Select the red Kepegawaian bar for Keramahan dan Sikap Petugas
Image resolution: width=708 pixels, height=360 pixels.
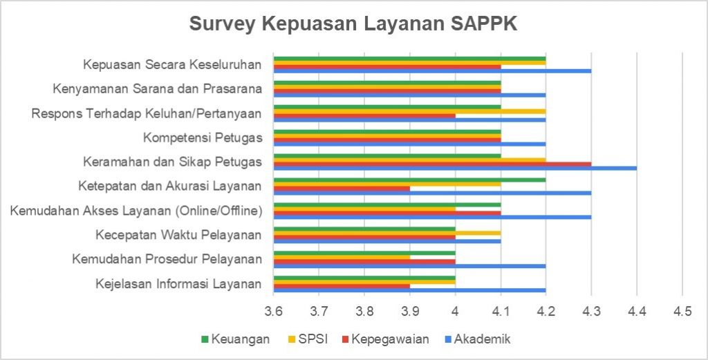(x=432, y=164)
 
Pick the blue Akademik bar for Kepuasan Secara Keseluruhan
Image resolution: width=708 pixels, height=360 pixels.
(x=432, y=70)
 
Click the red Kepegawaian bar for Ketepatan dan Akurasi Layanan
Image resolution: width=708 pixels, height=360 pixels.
(x=342, y=188)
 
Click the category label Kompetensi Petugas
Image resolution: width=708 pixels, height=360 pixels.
(x=203, y=138)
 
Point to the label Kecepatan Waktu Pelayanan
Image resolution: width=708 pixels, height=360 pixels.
(x=178, y=235)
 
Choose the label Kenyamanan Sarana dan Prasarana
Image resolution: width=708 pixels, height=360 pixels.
(x=158, y=88)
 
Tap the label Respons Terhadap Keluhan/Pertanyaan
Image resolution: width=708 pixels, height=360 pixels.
(x=147, y=113)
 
